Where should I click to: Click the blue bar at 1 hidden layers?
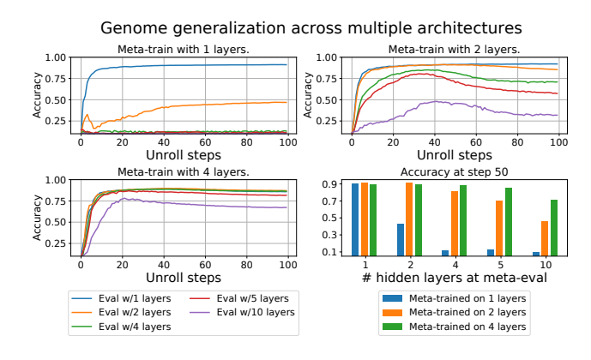[355, 219]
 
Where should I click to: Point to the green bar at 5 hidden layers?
[510, 222]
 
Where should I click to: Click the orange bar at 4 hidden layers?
[455, 223]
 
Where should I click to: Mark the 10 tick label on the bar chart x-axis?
[546, 265]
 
